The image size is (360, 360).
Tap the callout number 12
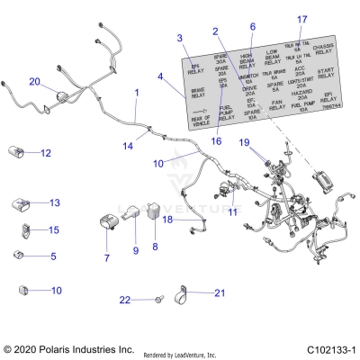[x=45, y=154]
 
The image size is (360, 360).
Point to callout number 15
[x=53, y=230]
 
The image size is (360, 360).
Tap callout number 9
[x=136, y=249]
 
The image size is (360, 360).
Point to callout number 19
[x=244, y=142]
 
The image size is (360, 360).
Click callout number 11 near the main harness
[x=234, y=211]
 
